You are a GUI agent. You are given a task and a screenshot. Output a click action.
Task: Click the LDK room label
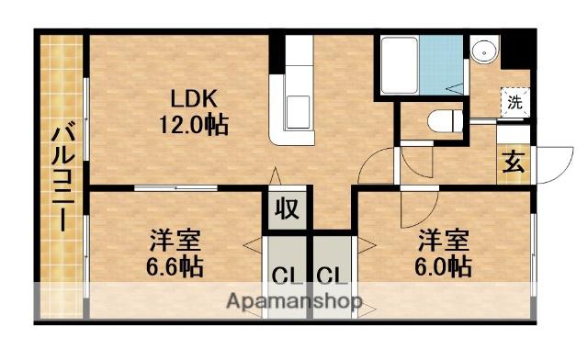[x=194, y=96]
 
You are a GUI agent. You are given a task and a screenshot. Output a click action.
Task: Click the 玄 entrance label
[x=513, y=165]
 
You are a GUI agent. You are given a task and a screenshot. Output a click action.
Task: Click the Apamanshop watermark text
[x=294, y=300]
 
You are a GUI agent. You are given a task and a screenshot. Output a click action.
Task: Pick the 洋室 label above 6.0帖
[x=447, y=242]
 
